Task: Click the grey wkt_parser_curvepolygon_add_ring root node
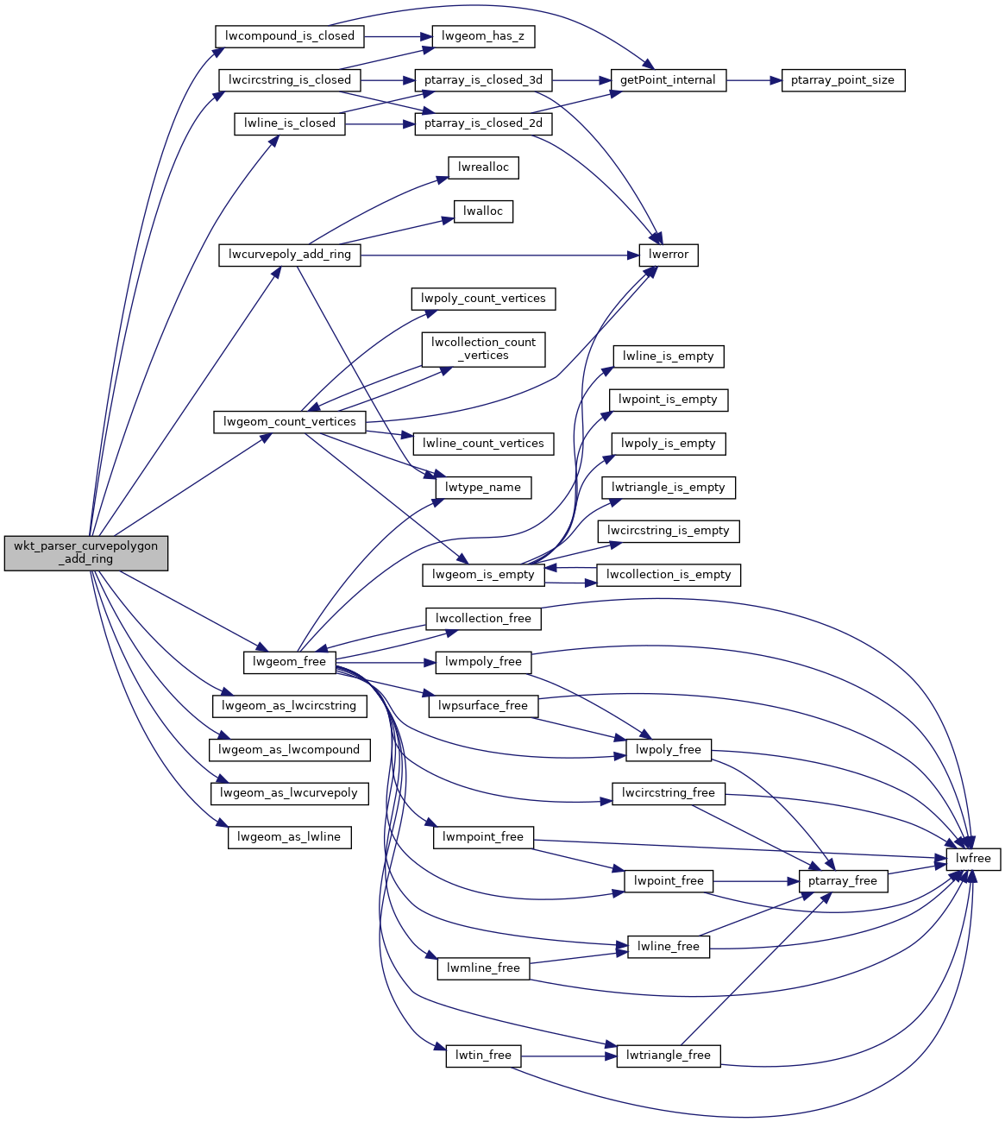tap(86, 553)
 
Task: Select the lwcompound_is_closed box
tap(289, 36)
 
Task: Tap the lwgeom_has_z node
tap(483, 36)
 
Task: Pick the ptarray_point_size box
tap(843, 80)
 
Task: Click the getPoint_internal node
tap(668, 80)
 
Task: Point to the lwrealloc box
tap(483, 167)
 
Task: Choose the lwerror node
tap(669, 255)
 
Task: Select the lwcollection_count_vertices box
tap(483, 349)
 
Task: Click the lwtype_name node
tap(483, 488)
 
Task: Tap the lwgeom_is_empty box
tap(483, 575)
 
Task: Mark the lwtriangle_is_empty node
tap(669, 488)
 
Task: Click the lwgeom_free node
tap(289, 662)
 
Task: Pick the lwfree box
tap(973, 859)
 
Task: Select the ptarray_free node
tap(843, 881)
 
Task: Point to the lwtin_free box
tap(483, 1056)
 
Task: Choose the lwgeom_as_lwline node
tap(289, 837)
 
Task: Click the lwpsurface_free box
tap(483, 706)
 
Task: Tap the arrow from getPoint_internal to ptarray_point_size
tap(753, 80)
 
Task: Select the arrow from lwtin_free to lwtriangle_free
tap(568, 1056)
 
